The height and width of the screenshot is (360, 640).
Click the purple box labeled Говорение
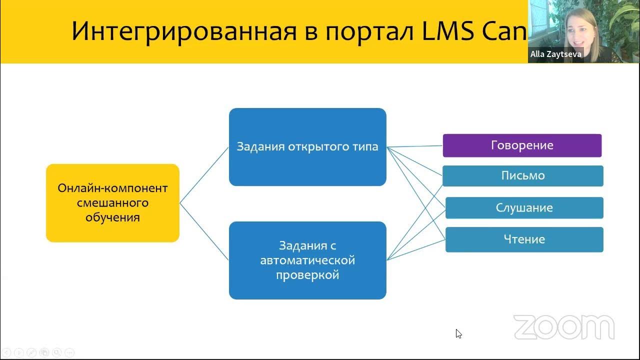click(522, 145)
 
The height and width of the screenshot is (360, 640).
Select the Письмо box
click(523, 176)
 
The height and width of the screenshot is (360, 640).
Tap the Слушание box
click(524, 208)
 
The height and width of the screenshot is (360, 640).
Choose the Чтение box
click(524, 239)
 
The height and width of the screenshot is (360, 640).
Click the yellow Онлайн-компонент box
click(112, 203)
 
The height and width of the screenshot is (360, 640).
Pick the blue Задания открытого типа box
click(307, 147)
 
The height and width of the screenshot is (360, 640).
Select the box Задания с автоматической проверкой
click(307, 260)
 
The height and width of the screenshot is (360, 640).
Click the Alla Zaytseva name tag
click(555, 54)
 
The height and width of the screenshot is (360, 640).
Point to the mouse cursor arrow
click(458, 333)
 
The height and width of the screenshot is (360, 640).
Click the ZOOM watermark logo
click(563, 327)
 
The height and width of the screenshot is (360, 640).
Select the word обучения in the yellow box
click(112, 217)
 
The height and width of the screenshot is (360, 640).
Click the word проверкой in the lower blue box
click(307, 275)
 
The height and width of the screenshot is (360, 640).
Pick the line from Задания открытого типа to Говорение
click(415, 146)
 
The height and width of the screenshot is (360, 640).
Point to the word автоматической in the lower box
click(307, 260)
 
